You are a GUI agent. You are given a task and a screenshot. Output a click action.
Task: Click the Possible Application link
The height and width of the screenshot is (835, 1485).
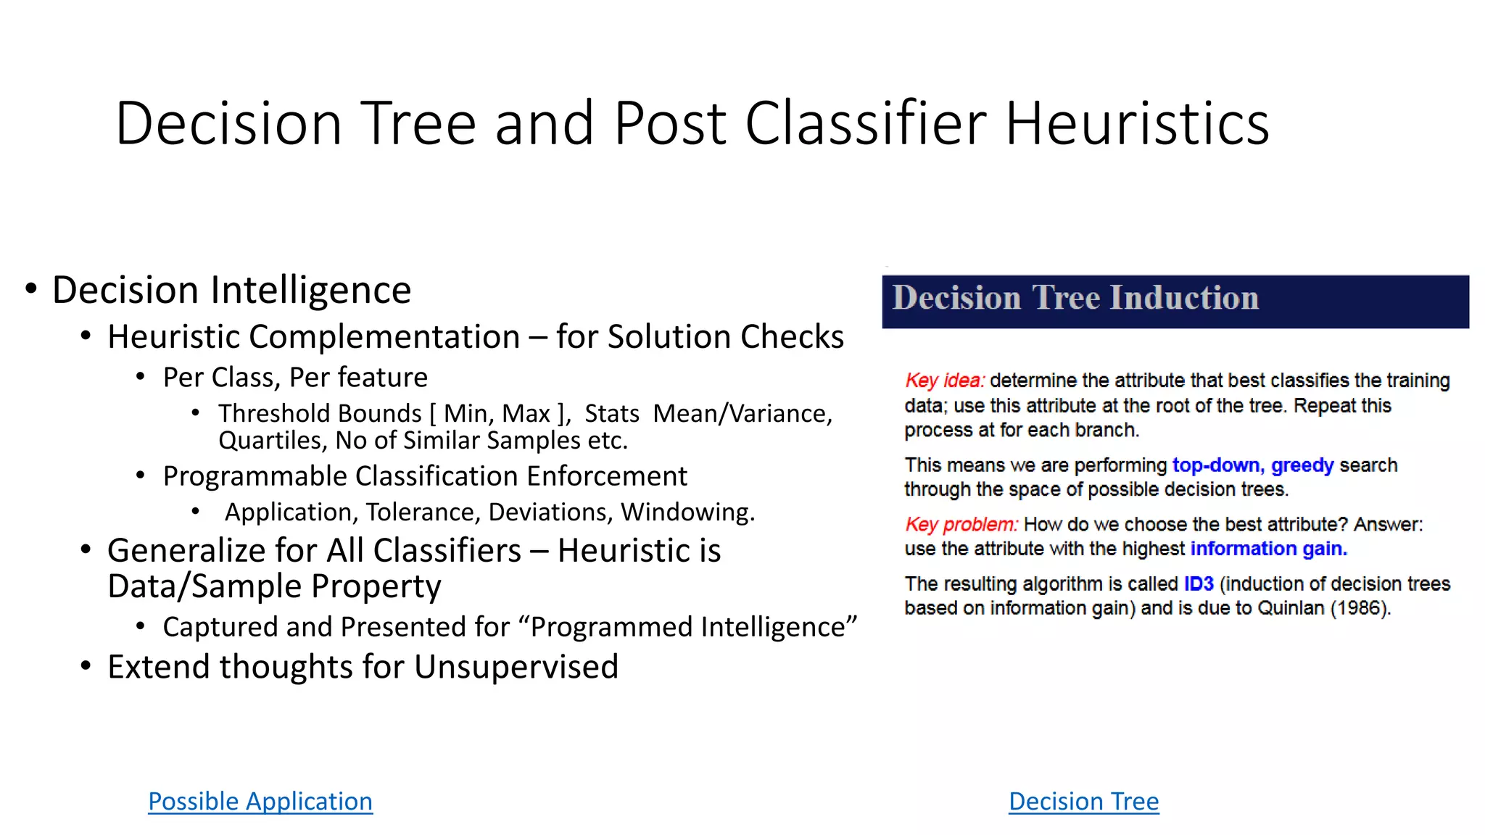[260, 801]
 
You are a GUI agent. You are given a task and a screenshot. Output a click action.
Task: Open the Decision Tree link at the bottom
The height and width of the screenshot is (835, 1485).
[1083, 801]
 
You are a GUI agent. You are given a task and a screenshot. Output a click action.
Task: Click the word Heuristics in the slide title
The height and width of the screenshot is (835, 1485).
[1137, 123]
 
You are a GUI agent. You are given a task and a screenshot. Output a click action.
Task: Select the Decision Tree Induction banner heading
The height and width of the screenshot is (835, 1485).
[1075, 298]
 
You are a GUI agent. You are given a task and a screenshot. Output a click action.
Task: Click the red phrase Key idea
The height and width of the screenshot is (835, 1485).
[944, 381]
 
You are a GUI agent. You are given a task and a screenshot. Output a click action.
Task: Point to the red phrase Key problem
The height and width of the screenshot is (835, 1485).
[961, 524]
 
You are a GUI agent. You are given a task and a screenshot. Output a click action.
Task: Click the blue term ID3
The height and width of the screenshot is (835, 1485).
[1199, 583]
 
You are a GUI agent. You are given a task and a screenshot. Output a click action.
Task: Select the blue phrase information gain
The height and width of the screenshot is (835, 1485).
[1268, 549]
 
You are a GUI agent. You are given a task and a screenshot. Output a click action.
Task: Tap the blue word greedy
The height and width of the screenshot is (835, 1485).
[1302, 465]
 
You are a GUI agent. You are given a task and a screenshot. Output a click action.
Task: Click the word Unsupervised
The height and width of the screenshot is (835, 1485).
[516, 667]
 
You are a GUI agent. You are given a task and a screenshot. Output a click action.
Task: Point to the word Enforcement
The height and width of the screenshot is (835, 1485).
[606, 476]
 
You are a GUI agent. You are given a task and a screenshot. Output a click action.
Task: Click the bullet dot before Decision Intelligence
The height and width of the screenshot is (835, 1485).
[30, 289]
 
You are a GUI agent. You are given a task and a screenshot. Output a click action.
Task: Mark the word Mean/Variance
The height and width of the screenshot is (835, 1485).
[742, 413]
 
